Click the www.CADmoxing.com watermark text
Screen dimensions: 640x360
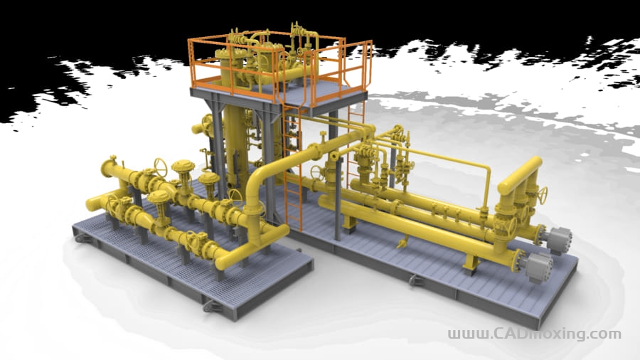pyautogui.click(x=534, y=334)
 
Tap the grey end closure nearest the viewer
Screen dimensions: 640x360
pyautogui.click(x=539, y=267)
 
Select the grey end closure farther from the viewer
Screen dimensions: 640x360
pyautogui.click(x=559, y=240)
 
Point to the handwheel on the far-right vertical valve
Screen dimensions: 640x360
pyautogui.click(x=543, y=196)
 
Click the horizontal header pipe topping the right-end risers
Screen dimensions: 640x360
pyautogui.click(x=520, y=176)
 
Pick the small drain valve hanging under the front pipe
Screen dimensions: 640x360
pyautogui.click(x=402, y=243)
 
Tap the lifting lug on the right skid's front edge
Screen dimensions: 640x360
pyautogui.click(x=415, y=280)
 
